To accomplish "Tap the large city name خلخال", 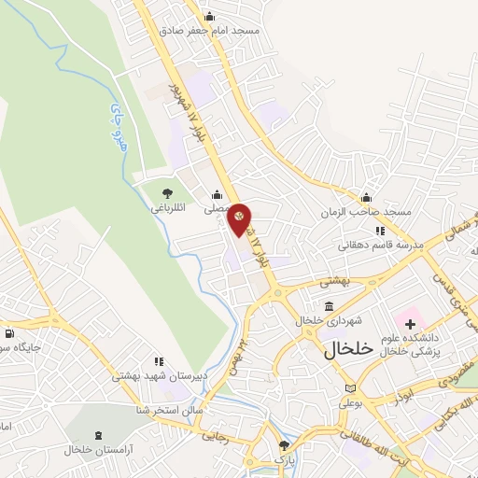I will [x=348, y=349].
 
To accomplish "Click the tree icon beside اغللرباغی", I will [x=167, y=193].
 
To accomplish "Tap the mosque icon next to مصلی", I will [x=217, y=195].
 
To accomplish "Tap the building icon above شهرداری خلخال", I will [x=329, y=306].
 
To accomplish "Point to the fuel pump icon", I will [x=9, y=333].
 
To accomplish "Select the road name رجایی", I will [x=216, y=434].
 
